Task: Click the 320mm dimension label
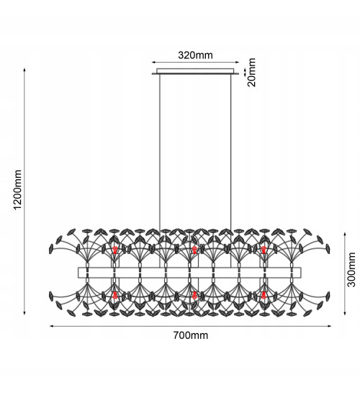point(195,55)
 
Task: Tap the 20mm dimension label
point(251,72)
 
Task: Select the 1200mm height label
point(17,190)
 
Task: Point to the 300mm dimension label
point(351,269)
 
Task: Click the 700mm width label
point(191,335)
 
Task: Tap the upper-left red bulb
point(115,250)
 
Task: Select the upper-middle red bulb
point(194,250)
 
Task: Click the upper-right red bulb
point(264,250)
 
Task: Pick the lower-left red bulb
point(115,295)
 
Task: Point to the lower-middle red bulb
point(194,295)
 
